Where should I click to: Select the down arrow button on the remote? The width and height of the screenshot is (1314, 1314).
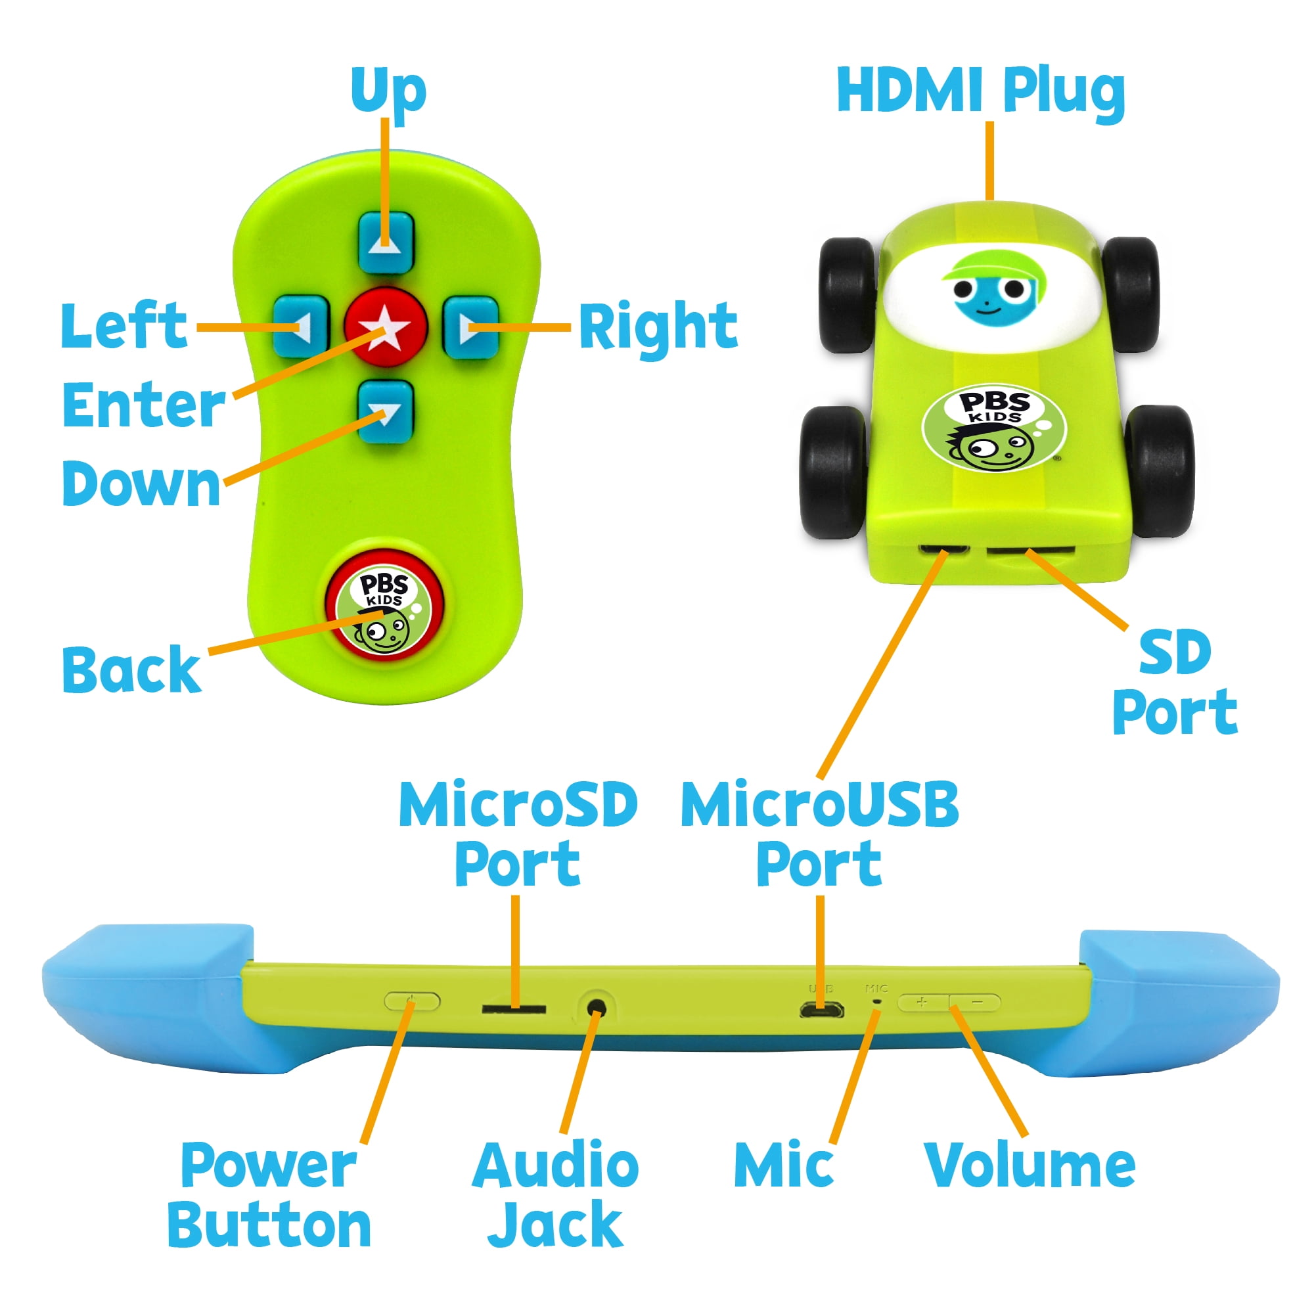click(x=386, y=411)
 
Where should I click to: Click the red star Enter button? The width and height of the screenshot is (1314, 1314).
click(x=386, y=327)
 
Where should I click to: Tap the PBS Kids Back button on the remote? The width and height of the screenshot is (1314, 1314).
click(x=385, y=606)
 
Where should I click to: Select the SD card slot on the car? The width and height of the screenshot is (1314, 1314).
click(x=1030, y=549)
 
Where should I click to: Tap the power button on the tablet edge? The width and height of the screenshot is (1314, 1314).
click(x=412, y=1001)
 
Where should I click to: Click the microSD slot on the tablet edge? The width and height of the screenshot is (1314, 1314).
click(x=514, y=1008)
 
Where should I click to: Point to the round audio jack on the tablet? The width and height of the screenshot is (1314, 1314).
click(x=597, y=1006)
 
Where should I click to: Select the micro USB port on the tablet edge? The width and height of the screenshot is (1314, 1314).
click(x=821, y=1009)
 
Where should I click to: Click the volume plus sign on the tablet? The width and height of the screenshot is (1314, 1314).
click(x=922, y=1002)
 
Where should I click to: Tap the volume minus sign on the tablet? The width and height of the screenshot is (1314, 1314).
click(x=977, y=1002)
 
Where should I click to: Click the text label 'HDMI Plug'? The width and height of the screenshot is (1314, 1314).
click(x=980, y=92)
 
